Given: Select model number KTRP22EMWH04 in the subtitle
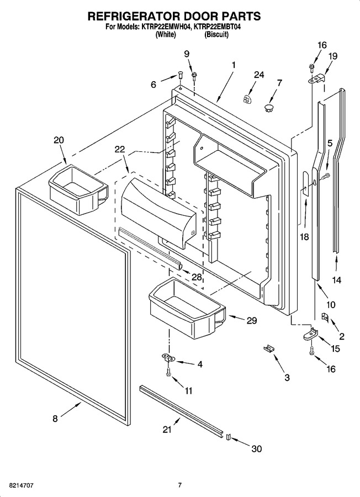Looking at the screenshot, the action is (164, 27).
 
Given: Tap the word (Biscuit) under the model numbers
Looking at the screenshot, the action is (216, 35).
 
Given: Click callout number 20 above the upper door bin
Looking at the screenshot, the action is (59, 140).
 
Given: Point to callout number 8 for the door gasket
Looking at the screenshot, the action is (55, 419).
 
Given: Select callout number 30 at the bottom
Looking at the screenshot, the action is (257, 449).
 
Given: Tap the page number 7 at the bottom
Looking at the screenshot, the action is (179, 485).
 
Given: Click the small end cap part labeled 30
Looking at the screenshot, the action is (227, 437).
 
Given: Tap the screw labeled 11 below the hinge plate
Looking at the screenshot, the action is (168, 372).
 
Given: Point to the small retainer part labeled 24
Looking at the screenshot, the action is (247, 99).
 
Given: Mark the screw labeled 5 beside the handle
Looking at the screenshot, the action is (325, 175).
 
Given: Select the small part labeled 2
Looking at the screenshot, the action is (325, 317).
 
